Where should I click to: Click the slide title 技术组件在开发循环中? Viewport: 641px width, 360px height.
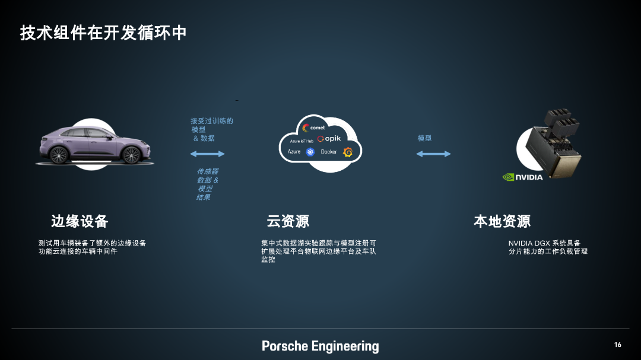tap(103, 33)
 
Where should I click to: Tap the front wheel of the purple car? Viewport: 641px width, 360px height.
tap(132, 155)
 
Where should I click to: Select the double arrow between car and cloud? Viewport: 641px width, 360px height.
tap(207, 154)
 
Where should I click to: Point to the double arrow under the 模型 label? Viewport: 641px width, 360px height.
tap(433, 154)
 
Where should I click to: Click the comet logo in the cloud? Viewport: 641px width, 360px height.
tap(313, 128)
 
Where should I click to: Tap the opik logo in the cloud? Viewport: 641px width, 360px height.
tap(329, 139)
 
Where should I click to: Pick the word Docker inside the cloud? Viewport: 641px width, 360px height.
tap(329, 152)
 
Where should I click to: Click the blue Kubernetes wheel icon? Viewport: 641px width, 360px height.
tap(310, 152)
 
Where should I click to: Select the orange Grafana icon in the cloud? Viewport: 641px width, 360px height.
tap(348, 152)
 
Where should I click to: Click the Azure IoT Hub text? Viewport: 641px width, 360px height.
tap(302, 141)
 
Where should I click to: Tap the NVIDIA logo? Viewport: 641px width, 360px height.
tap(523, 177)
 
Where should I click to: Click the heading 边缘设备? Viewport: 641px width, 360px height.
tap(80, 221)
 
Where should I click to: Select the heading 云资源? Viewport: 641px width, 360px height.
tap(288, 221)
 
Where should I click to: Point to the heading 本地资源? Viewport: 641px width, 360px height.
tap(502, 221)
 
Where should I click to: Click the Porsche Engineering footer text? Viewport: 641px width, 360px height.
tap(320, 346)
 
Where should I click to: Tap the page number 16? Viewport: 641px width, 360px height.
tap(618, 345)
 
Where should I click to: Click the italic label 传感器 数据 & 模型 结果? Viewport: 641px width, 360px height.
tap(208, 184)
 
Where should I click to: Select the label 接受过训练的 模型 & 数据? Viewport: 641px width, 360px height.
tap(212, 129)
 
